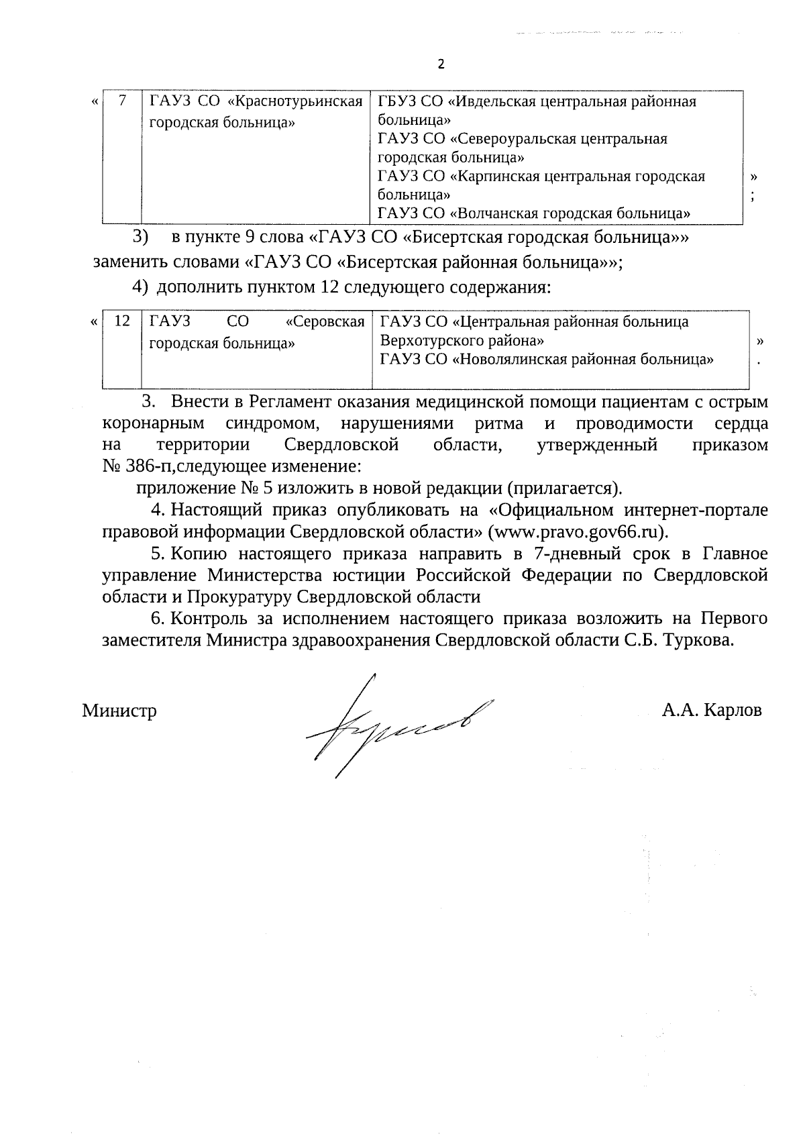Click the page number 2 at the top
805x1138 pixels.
(x=441, y=64)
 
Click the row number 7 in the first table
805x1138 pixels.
(x=122, y=101)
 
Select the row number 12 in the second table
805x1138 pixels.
(x=122, y=321)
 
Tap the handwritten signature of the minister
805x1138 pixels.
(x=396, y=724)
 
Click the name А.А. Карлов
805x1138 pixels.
(x=712, y=711)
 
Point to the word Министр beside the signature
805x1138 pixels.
(x=119, y=711)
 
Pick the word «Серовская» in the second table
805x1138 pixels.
(x=325, y=321)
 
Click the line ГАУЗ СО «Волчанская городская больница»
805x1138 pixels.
(x=534, y=213)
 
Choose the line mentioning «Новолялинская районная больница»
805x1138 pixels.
(x=547, y=359)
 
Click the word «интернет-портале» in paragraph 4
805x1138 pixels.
(x=696, y=510)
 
